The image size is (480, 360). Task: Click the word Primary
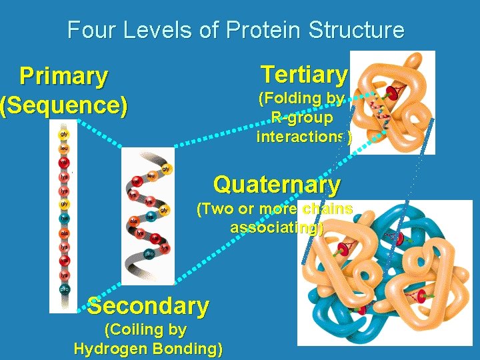click(63, 77)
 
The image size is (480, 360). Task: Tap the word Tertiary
click(304, 74)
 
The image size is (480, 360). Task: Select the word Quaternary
click(277, 184)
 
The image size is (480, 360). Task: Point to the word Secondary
click(148, 306)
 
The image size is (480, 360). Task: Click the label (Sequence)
click(63, 105)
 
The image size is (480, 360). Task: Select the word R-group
click(302, 118)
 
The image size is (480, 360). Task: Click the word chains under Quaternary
click(327, 209)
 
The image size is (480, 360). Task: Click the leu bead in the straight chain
click(65, 148)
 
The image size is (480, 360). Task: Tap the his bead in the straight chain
click(65, 218)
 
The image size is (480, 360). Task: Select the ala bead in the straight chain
click(65, 233)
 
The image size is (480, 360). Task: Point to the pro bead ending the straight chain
click(65, 289)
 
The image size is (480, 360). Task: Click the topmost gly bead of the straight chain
click(65, 134)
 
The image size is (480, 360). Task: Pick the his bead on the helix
click(151, 217)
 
